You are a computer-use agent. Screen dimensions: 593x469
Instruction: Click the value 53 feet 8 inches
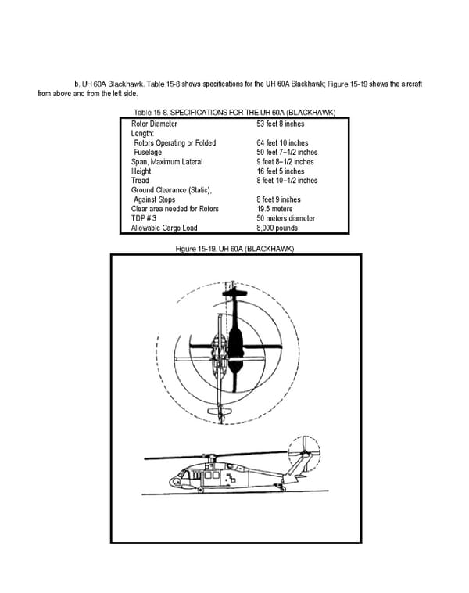click(280, 124)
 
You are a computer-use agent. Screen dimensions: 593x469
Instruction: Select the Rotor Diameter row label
click(154, 124)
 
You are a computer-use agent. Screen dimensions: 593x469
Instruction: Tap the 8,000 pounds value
click(277, 228)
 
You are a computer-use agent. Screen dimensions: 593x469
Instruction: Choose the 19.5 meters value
click(274, 210)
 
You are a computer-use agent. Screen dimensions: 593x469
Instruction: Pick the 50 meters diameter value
click(285, 219)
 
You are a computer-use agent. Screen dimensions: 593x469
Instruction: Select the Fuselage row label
click(149, 153)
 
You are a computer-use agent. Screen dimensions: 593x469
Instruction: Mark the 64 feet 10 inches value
click(282, 143)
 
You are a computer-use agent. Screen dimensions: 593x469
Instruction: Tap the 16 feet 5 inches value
click(280, 171)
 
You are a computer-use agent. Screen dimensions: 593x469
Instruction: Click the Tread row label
click(140, 181)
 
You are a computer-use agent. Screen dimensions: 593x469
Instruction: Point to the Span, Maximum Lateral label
click(166, 162)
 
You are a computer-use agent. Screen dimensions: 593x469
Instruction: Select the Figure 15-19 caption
click(234, 249)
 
